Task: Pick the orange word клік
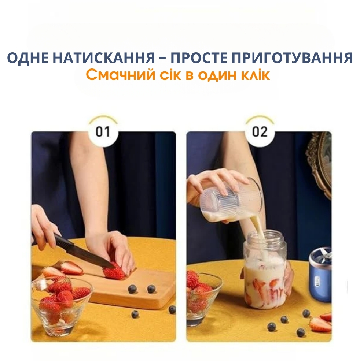coord(254,75)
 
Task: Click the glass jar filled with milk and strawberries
coord(265,271)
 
